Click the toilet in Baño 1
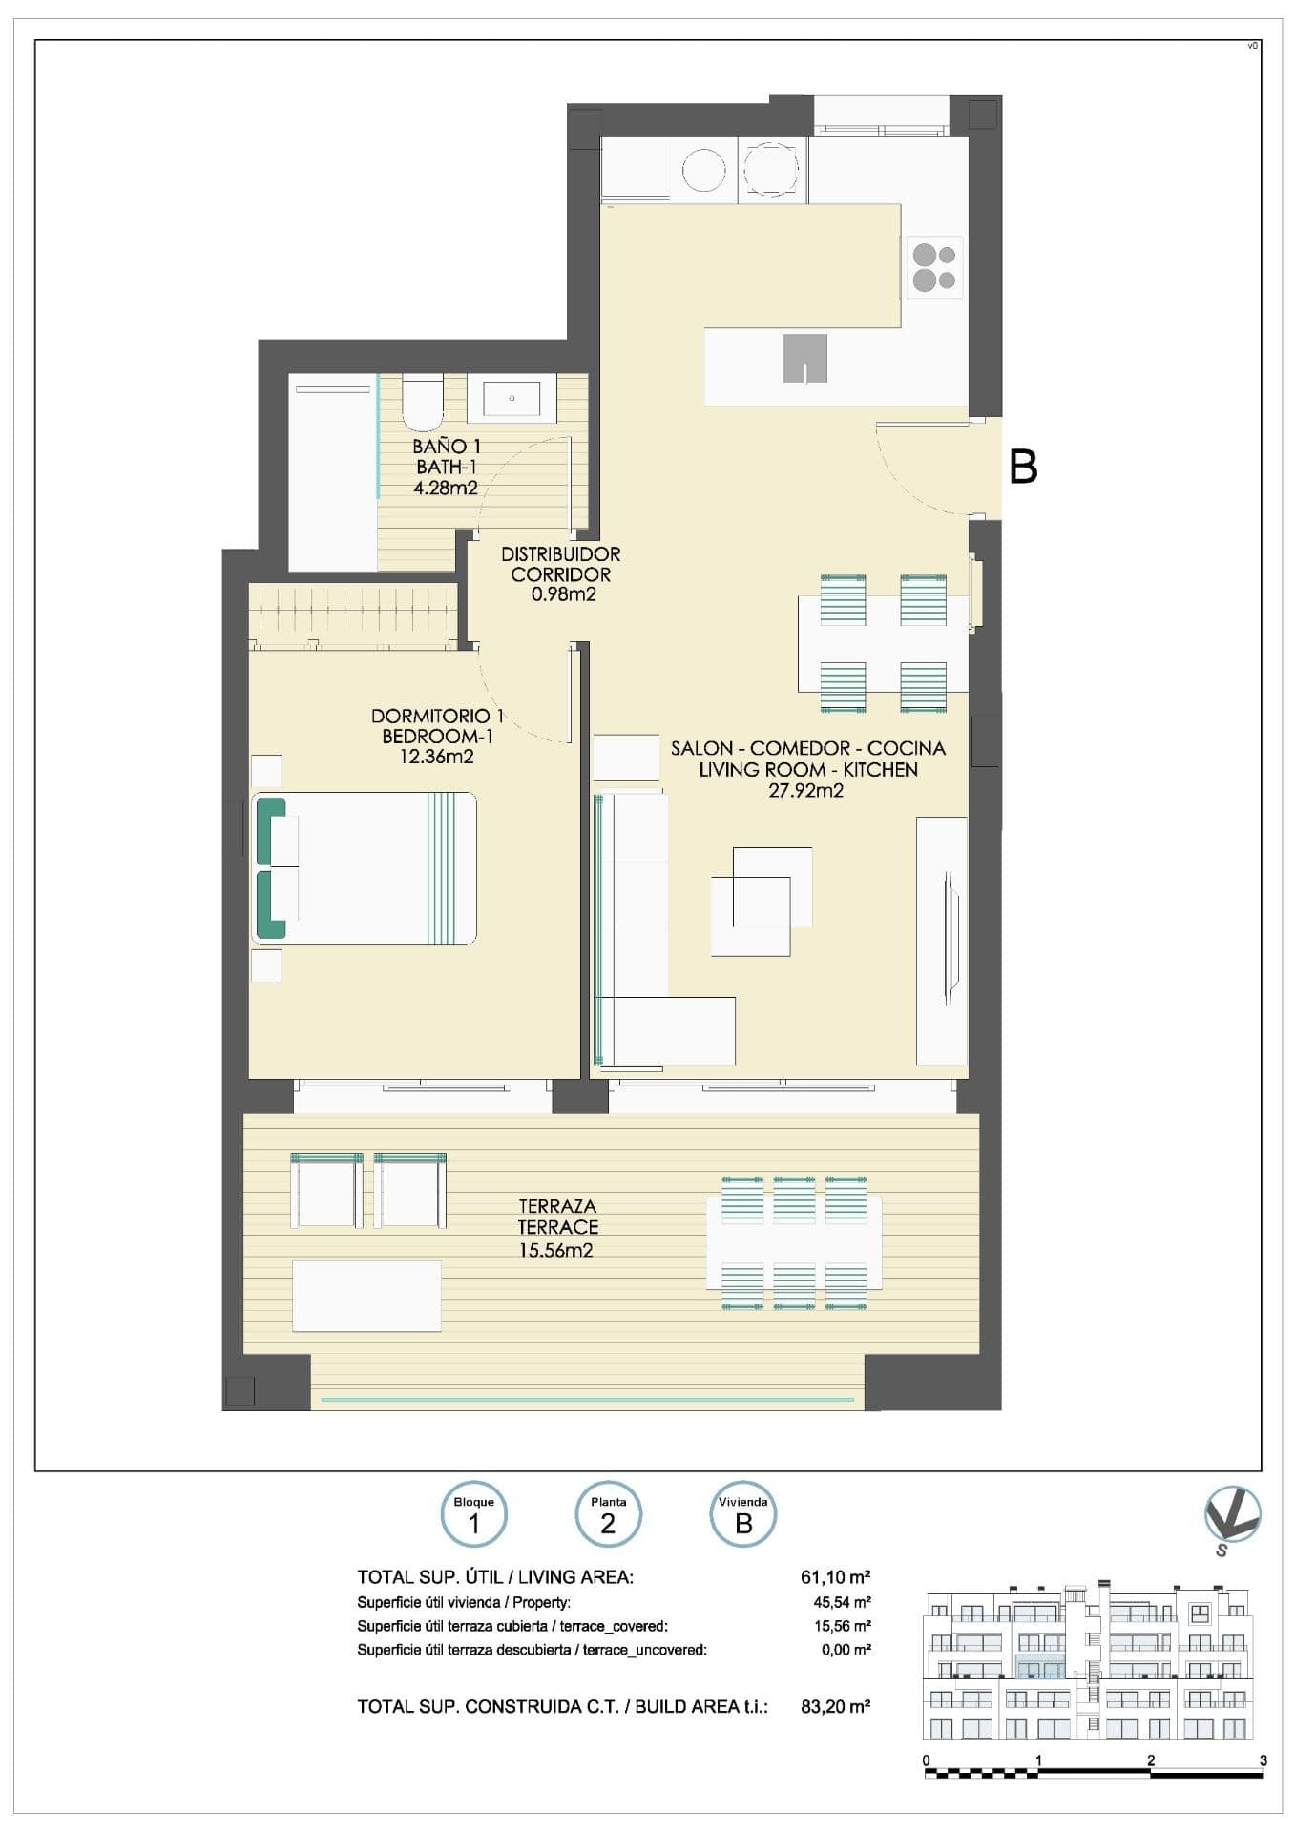(422, 402)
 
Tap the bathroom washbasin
(512, 398)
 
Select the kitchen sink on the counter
(804, 359)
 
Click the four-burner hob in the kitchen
(934, 267)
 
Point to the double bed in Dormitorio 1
(365, 868)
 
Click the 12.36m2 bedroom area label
(437, 758)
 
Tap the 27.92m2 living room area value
(806, 790)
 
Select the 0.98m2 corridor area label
(564, 595)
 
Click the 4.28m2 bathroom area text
(446, 489)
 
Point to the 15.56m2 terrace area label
(556, 1250)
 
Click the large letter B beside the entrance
(1023, 468)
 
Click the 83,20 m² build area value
(836, 1705)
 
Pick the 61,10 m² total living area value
(836, 1576)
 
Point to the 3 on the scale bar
(1264, 1760)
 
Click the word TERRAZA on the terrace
(557, 1207)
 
